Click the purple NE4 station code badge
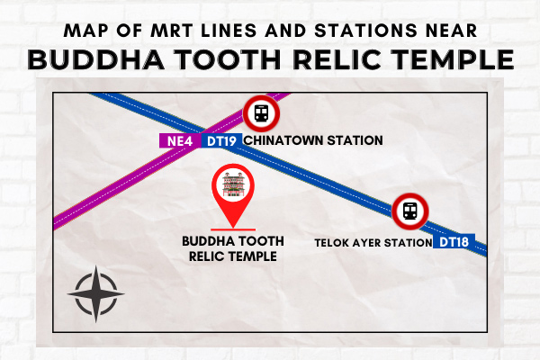(180, 140)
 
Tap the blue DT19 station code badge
(221, 140)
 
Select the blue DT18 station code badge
(454, 242)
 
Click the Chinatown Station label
(313, 140)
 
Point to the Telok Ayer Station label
(373, 242)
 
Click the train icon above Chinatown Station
(261, 113)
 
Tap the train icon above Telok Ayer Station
(410, 211)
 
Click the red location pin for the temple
(233, 194)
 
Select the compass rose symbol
(96, 294)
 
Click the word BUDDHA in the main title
(96, 59)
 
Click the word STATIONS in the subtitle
(365, 31)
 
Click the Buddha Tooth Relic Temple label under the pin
(233, 248)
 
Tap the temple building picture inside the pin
(233, 185)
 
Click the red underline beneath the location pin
(233, 229)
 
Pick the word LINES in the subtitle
(229, 31)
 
